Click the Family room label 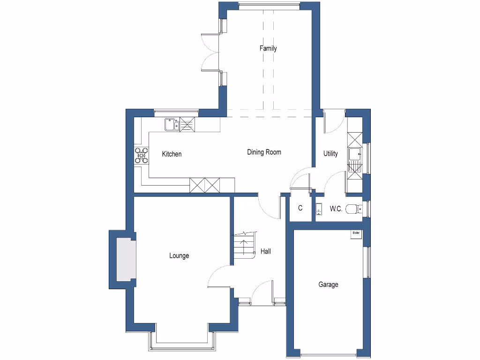click(268, 48)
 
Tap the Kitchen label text click(172, 154)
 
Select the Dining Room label click(264, 152)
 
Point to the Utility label click(330, 154)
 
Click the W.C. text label click(336, 209)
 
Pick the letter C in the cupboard click(300, 208)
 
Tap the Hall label click(265, 252)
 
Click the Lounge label click(179, 256)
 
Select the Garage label click(328, 285)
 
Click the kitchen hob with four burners click(141, 155)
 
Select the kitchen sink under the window click(172, 125)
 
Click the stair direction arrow click(243, 247)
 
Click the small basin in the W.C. click(319, 208)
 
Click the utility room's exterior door click(334, 119)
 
